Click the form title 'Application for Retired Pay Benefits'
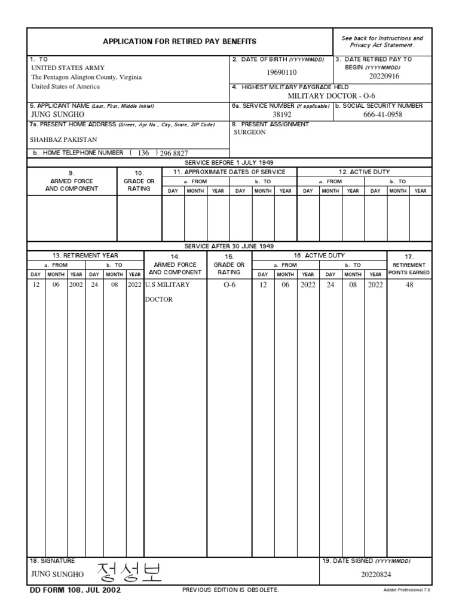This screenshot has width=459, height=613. pos(179,41)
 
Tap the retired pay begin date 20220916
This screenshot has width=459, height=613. pos(384,77)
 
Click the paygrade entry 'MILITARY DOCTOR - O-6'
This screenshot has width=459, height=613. pos(331,95)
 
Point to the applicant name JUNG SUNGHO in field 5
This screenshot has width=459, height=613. pos(57,114)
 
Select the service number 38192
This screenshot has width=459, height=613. pos(281,114)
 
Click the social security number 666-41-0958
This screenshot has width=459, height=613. pos(382,114)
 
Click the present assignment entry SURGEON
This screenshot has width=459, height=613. pos(249,132)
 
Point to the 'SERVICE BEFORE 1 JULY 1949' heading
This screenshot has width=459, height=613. pos(229,162)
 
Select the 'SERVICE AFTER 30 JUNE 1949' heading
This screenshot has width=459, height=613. pos(229,246)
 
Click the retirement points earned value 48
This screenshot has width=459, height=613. pos(409,285)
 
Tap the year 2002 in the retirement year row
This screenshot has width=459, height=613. pos(76,285)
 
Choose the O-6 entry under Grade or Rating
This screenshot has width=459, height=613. pos(229,285)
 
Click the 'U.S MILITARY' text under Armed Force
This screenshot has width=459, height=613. pos(167,285)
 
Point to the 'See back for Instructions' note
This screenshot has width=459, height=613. pos(382,38)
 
